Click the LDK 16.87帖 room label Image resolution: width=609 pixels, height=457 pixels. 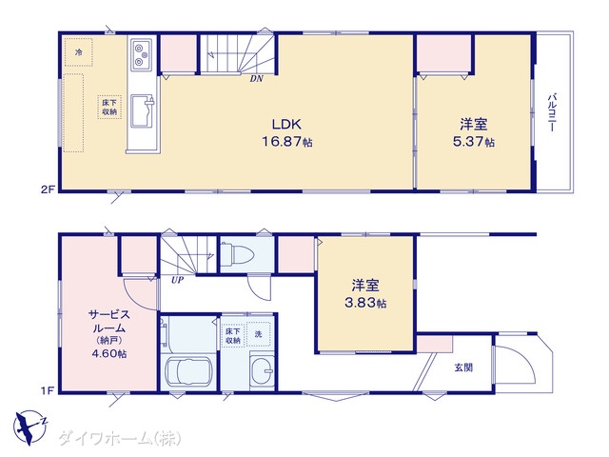tap(287, 133)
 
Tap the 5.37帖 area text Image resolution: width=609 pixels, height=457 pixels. tap(474, 142)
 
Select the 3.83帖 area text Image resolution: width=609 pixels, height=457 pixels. tap(365, 303)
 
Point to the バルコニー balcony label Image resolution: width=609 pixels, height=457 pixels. tap(552, 112)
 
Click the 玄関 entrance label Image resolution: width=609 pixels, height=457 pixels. tap(463, 368)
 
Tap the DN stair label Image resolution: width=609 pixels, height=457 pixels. tap(256, 79)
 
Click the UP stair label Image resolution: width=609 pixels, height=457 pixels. tap(177, 280)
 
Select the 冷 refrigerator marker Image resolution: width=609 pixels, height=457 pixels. tap(79, 52)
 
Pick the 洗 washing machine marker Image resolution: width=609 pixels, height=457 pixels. tap(258, 334)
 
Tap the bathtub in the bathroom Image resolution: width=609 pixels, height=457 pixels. tap(188, 371)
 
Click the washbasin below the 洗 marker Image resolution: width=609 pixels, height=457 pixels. tap(263, 369)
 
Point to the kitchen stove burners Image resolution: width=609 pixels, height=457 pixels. tap(141, 54)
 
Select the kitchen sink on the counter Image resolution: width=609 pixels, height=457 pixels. tap(142, 111)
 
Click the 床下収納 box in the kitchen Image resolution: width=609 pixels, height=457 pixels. tap(109, 107)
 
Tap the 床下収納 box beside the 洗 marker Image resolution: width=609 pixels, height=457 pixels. tap(233, 336)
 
